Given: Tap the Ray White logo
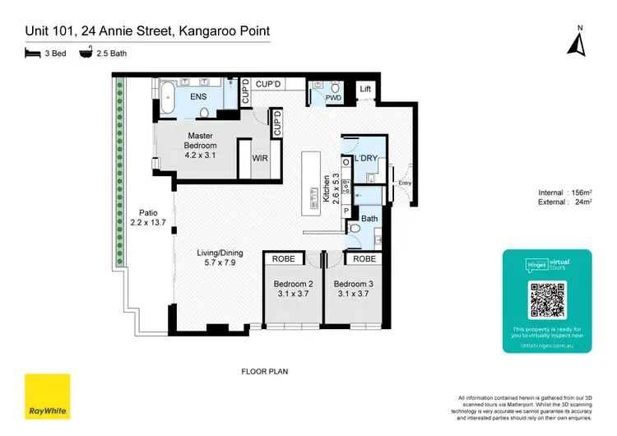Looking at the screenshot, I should click(x=47, y=397).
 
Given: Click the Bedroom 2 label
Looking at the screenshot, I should click(x=292, y=285).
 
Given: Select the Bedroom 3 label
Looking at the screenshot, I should click(x=352, y=285).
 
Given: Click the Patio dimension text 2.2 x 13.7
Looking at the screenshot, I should click(x=148, y=222).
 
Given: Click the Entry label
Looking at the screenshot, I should click(x=404, y=183).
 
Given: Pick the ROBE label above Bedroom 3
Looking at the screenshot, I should click(x=364, y=258).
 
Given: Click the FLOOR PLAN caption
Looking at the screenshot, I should click(x=264, y=371).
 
